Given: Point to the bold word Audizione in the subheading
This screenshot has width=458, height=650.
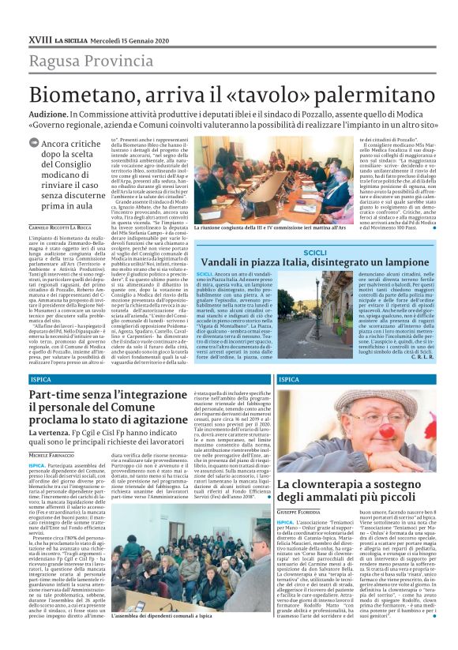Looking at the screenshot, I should pyautogui.click(x=50, y=114).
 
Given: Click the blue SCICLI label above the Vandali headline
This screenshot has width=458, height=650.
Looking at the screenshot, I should pyautogui.click(x=315, y=252).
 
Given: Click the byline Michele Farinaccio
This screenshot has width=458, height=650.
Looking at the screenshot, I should pyautogui.click(x=52, y=456).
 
